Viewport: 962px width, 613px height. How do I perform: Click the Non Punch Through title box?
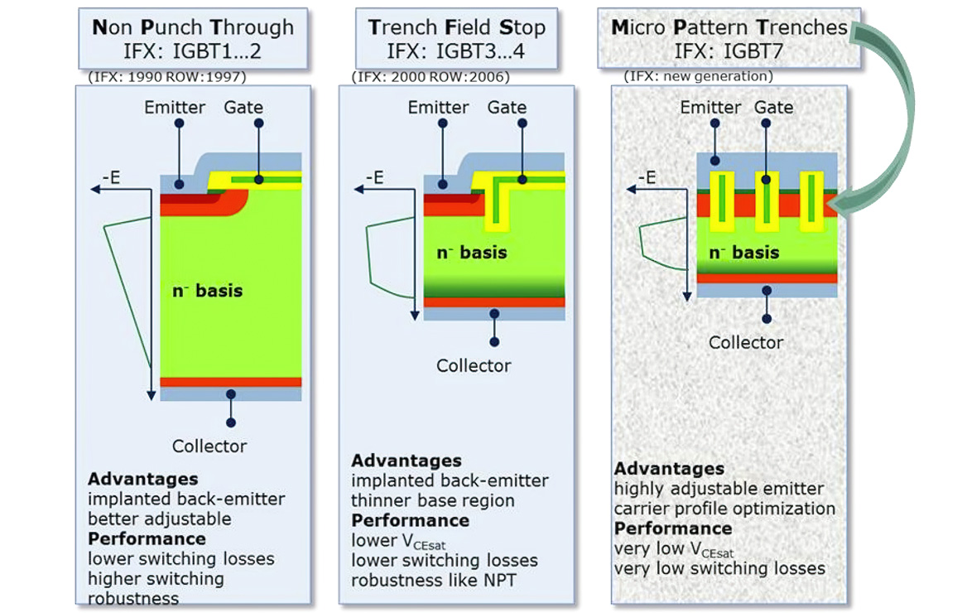click(192, 38)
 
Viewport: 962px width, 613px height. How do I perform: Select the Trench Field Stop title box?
click(457, 38)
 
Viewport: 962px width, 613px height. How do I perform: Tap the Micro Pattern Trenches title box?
click(729, 38)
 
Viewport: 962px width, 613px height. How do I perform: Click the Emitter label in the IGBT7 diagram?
click(710, 108)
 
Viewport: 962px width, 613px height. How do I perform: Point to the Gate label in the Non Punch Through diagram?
click(243, 108)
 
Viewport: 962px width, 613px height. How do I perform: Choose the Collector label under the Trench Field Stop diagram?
click(474, 365)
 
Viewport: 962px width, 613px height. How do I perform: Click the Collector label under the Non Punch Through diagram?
click(209, 446)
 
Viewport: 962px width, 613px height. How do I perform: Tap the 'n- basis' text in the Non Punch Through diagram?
click(207, 290)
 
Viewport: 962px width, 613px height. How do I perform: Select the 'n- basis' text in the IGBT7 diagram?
click(743, 252)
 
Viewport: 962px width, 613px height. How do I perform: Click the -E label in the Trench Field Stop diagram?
click(374, 177)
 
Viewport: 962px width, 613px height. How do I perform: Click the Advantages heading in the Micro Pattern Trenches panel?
click(669, 469)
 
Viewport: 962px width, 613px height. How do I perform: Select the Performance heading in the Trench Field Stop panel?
click(410, 521)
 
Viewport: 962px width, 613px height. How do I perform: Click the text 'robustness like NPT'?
click(434, 580)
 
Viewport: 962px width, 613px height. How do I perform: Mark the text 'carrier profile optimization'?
click(724, 509)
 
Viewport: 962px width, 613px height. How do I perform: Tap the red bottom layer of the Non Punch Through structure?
click(230, 382)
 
